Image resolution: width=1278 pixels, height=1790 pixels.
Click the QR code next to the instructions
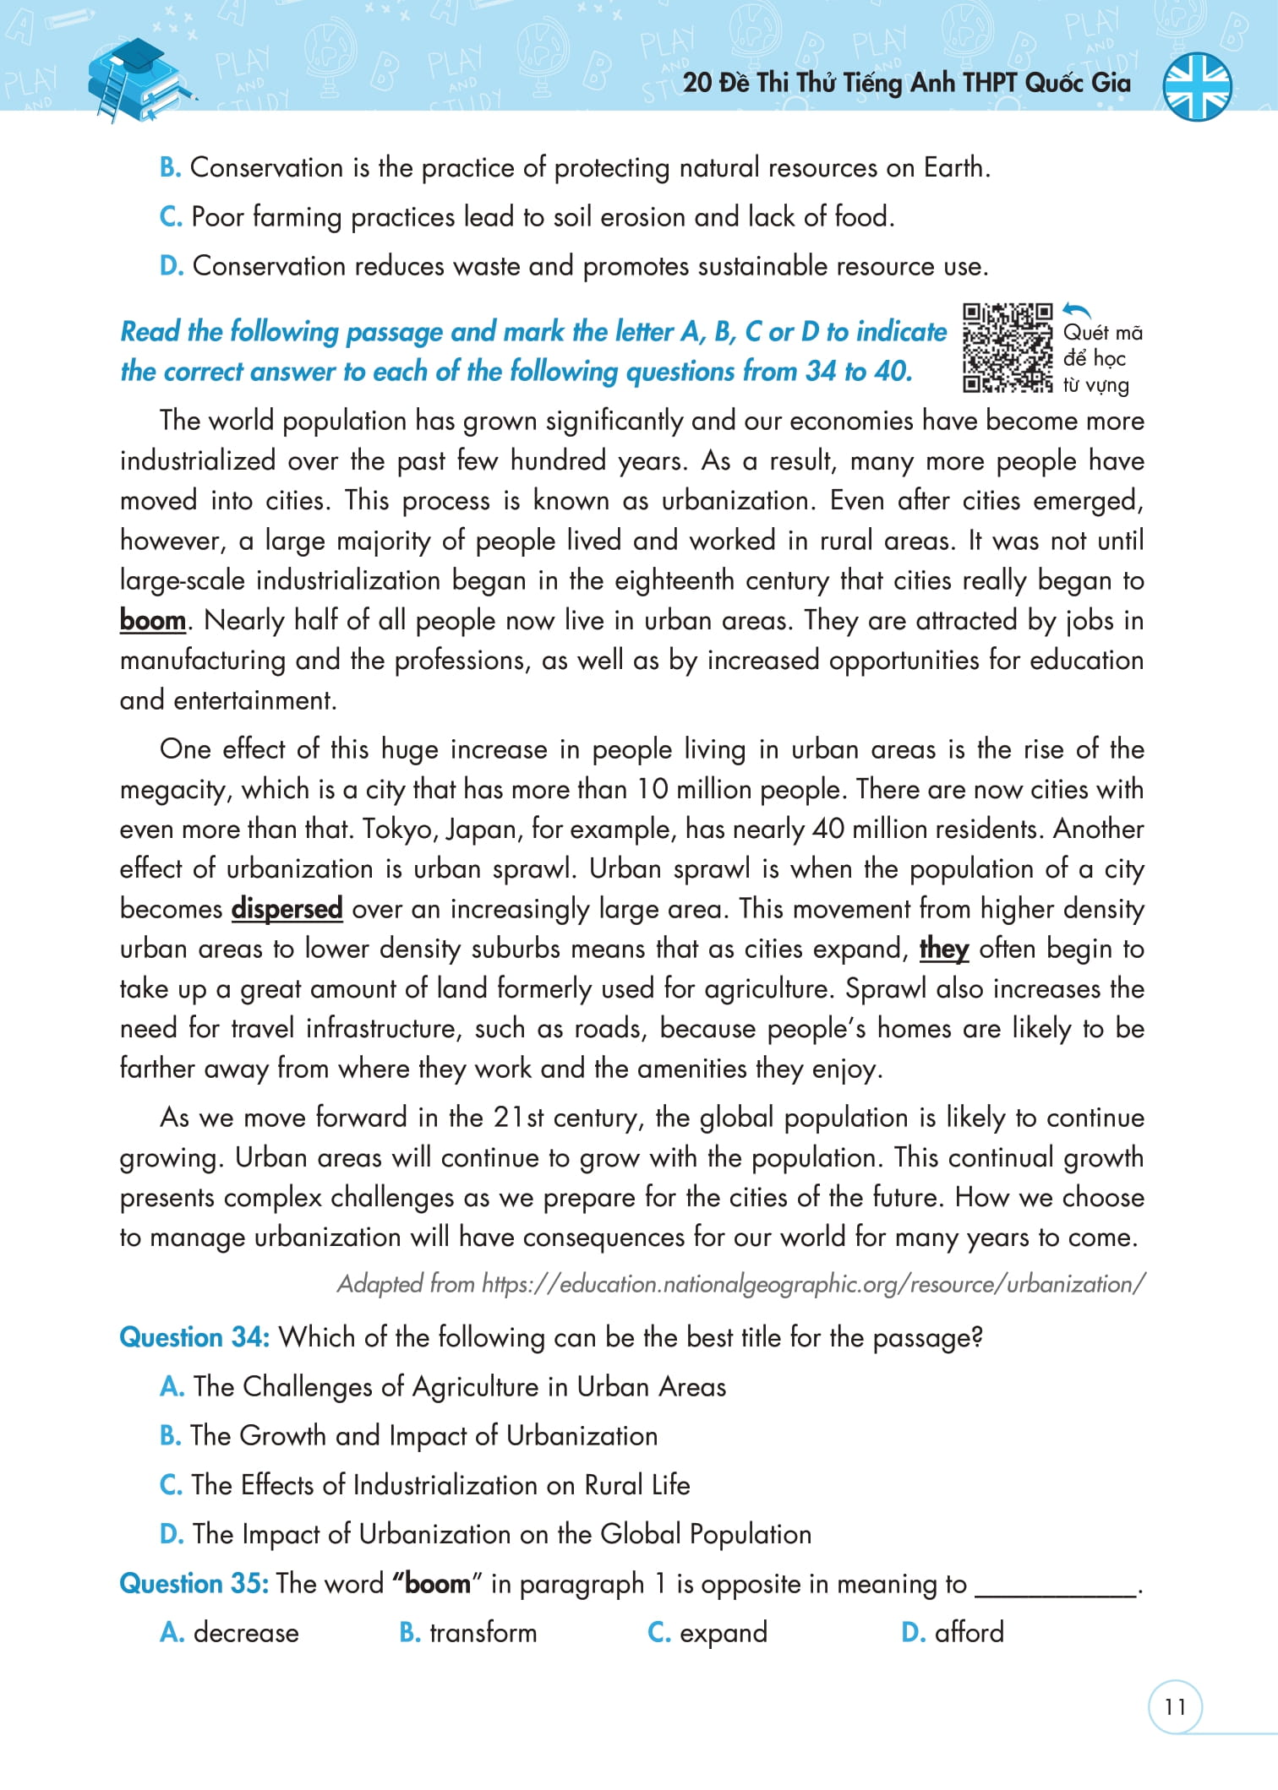click(1008, 348)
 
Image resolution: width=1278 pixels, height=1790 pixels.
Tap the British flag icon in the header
click(1197, 86)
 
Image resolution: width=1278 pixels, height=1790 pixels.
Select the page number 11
click(1175, 1707)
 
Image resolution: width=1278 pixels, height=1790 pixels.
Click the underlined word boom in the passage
click(152, 621)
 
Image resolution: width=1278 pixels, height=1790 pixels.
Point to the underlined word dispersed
click(287, 909)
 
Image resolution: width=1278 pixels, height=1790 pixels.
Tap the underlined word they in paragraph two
click(943, 949)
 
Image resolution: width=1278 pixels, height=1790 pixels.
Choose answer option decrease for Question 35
click(245, 1633)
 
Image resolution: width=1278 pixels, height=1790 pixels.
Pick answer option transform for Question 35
click(483, 1633)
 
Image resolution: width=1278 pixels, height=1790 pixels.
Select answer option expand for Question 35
click(724, 1633)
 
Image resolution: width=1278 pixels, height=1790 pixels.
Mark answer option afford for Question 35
click(969, 1633)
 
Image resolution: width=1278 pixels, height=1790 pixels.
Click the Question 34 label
click(194, 1337)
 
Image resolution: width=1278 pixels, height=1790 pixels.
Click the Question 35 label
click(194, 1583)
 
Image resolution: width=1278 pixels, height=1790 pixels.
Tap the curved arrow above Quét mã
click(1077, 311)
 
